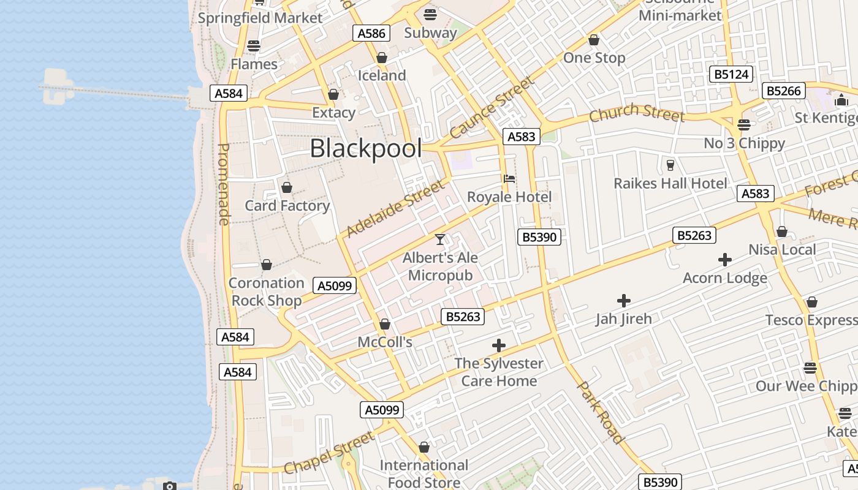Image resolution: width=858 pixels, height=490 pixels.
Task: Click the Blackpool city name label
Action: (366, 149)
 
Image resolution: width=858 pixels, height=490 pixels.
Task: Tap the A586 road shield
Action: (371, 33)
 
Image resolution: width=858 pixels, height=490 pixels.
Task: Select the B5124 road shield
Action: (732, 75)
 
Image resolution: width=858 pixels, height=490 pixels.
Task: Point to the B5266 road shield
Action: (784, 91)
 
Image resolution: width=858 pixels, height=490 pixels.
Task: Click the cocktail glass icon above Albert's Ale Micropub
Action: (440, 239)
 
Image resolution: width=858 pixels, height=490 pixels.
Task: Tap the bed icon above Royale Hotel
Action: (509, 179)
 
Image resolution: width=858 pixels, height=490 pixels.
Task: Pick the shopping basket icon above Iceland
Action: (382, 58)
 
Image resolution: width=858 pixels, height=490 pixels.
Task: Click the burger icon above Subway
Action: (430, 15)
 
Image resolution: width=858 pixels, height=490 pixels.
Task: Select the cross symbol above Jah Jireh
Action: (623, 301)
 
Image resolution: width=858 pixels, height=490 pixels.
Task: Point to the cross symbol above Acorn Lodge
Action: (725, 260)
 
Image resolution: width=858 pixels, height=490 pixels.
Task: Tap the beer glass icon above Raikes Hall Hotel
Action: (670, 165)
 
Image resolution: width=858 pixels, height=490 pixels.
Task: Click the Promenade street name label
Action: (224, 184)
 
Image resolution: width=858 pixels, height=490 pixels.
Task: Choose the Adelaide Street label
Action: (395, 208)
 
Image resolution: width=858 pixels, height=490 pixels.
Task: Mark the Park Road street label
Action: (601, 412)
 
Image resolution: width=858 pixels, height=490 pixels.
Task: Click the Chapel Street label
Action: (329, 453)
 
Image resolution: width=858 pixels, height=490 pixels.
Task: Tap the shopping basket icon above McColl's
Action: (385, 324)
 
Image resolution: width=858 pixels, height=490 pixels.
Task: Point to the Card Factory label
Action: (287, 206)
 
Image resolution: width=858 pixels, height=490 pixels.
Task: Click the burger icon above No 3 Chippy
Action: (744, 125)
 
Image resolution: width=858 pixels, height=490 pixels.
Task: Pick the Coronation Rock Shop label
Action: (266, 292)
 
